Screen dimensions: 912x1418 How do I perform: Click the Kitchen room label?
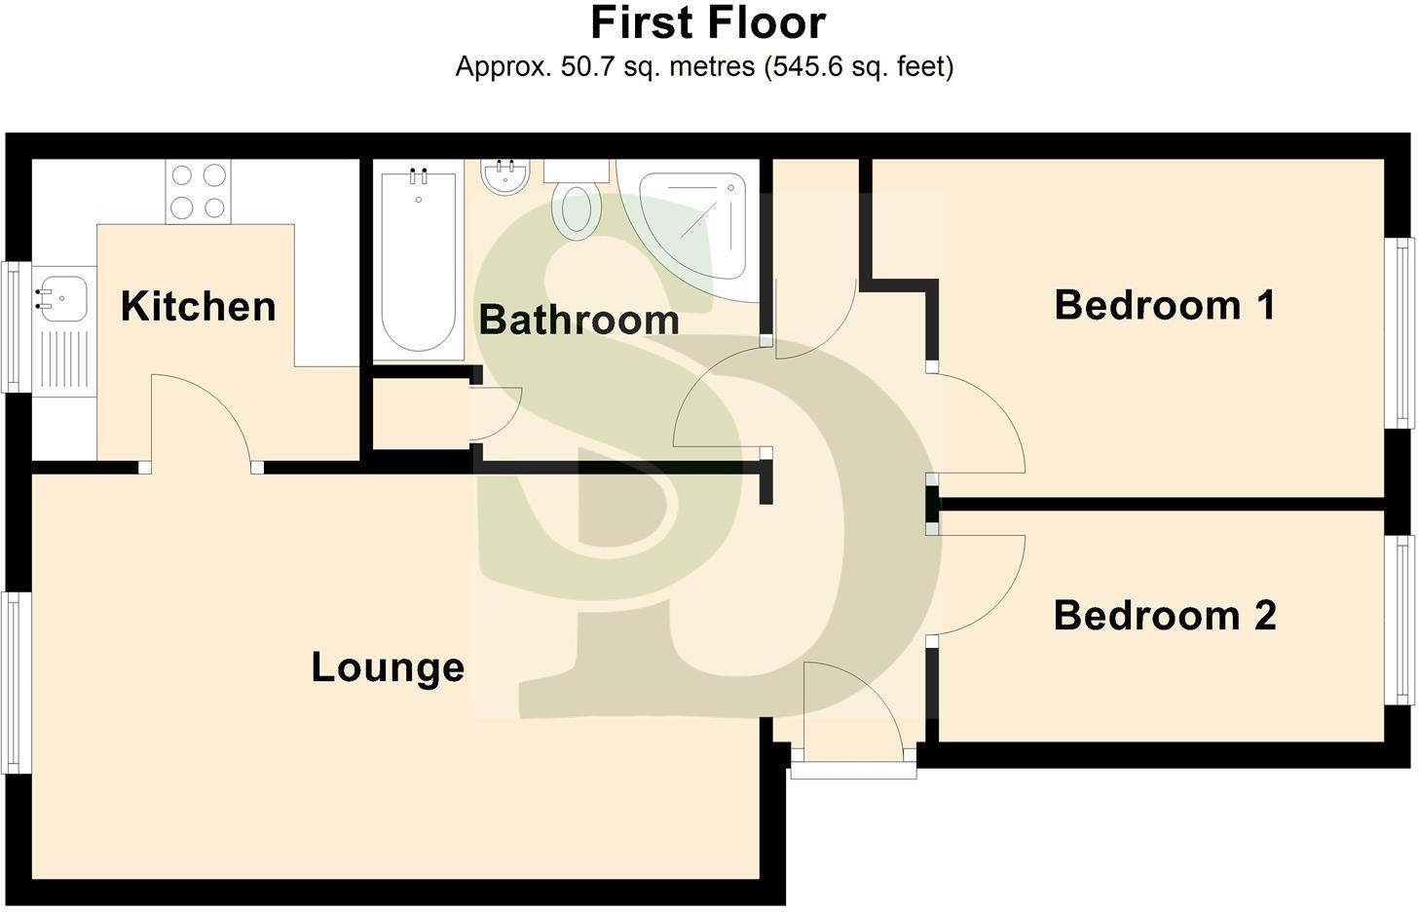[x=199, y=306]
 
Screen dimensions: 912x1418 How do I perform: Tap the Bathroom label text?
[x=578, y=320]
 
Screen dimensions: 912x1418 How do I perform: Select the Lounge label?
[x=388, y=667]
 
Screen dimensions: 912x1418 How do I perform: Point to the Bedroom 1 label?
[x=1165, y=305]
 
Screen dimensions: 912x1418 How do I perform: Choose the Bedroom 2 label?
[x=1165, y=616]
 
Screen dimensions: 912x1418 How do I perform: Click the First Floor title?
[x=708, y=23]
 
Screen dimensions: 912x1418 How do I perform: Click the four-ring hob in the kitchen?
[x=198, y=192]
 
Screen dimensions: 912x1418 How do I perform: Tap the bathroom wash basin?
[x=504, y=176]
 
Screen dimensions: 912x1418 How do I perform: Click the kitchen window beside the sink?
[x=17, y=326]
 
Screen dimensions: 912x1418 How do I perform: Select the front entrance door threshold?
[x=853, y=770]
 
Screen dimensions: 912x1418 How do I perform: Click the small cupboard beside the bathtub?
[x=421, y=414]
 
